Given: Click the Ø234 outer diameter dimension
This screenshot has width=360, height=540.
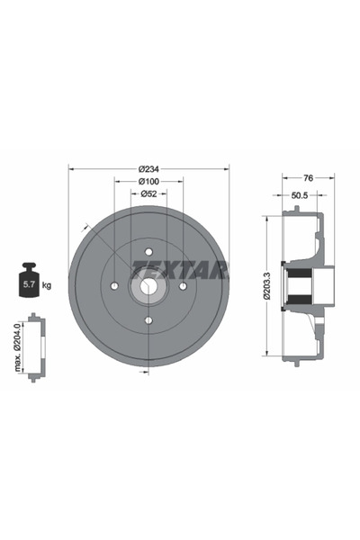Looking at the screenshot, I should (148, 168).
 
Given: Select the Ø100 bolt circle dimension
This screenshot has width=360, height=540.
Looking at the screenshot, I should (148, 182).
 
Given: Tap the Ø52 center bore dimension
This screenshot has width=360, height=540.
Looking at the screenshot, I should (148, 194).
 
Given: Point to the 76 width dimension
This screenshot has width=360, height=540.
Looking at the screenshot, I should (308, 177).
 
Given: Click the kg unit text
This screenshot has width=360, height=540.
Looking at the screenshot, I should (47, 285).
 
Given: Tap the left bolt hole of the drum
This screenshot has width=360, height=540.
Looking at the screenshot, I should (115, 286).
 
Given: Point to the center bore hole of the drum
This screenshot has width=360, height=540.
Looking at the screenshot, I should (148, 286).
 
